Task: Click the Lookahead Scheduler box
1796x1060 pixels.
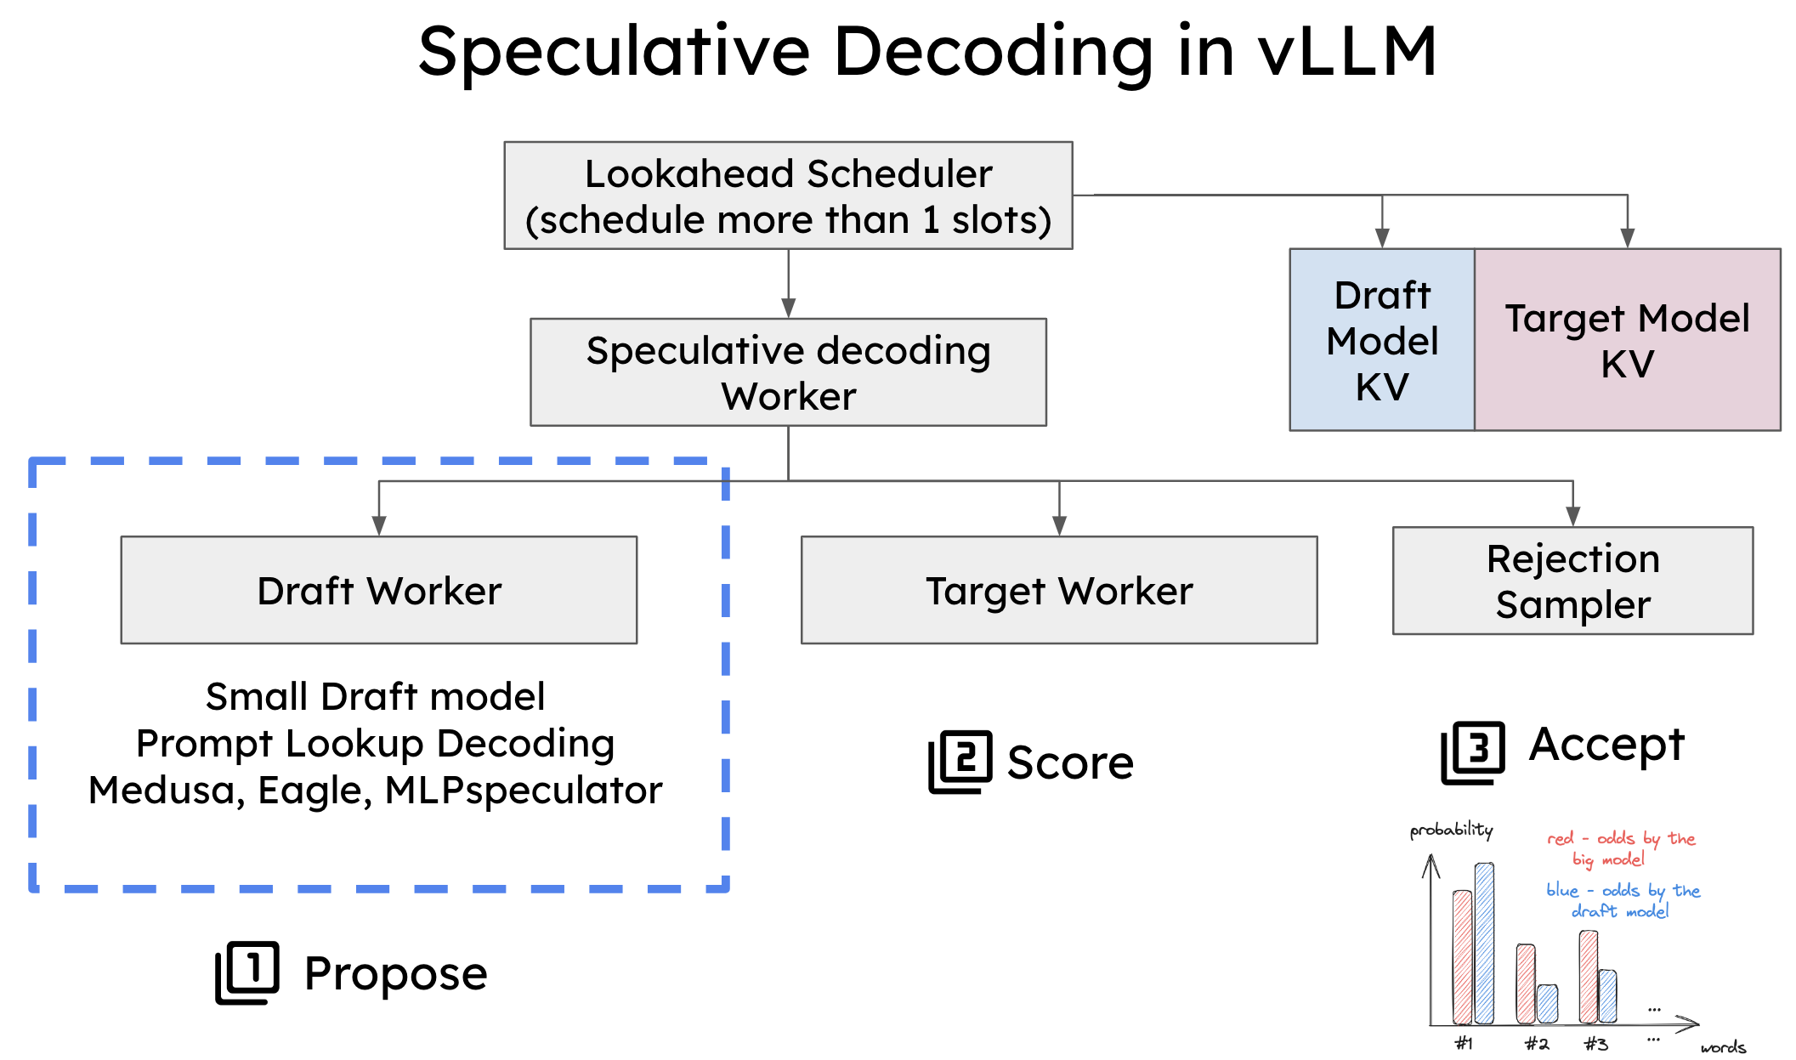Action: [x=788, y=196]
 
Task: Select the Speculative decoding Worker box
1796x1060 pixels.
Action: [x=788, y=372]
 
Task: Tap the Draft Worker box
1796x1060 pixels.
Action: [x=379, y=590]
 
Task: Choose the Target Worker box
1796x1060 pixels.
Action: [x=1059, y=590]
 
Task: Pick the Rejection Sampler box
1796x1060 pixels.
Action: [x=1572, y=581]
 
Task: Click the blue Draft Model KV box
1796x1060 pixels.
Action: [x=1382, y=340]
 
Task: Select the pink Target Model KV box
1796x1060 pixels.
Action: [x=1627, y=340]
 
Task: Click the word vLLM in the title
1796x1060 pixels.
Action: [x=1348, y=53]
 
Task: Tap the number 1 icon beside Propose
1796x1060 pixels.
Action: [x=247, y=972]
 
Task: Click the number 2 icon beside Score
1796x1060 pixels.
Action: [x=960, y=761]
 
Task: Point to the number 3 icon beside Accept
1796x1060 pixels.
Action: [x=1473, y=751]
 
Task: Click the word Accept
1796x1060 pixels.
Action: [x=1606, y=745]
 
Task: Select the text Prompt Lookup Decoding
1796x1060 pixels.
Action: [x=375, y=744]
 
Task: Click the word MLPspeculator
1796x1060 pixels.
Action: [x=524, y=791]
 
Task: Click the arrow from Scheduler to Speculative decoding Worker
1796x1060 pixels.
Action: [x=788, y=285]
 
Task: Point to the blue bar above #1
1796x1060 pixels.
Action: [x=1484, y=944]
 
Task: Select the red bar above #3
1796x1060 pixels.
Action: [x=1588, y=978]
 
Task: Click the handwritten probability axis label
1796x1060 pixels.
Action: [x=1451, y=830]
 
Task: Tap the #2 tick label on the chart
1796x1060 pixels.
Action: [x=1536, y=1044]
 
